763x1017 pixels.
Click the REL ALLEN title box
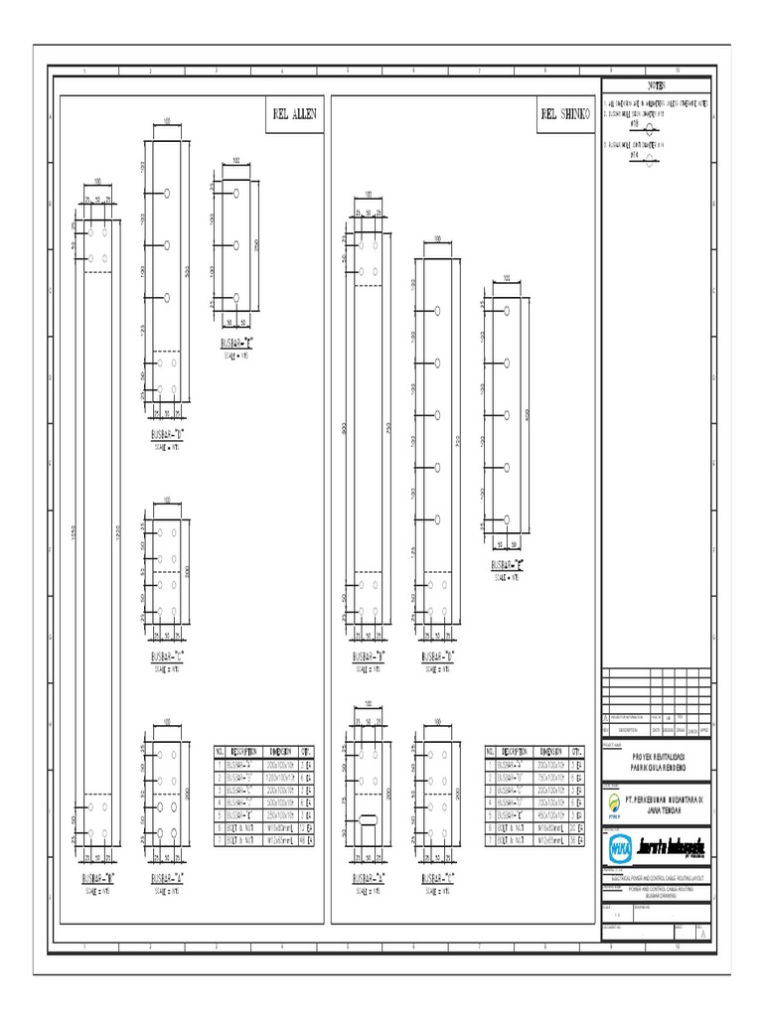point(293,114)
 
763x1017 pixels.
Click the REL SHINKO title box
point(564,114)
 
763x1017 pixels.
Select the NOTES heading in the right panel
point(658,86)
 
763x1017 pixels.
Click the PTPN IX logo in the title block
point(617,802)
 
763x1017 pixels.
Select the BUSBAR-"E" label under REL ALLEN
point(236,343)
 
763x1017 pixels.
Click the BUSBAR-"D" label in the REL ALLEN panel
point(167,434)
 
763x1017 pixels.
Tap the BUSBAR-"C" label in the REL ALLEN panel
point(167,657)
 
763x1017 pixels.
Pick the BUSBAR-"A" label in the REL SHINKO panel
point(369,878)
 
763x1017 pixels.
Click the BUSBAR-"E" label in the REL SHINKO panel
point(509,565)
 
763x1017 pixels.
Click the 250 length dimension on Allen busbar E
point(256,245)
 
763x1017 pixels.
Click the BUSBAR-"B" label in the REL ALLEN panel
point(98,878)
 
